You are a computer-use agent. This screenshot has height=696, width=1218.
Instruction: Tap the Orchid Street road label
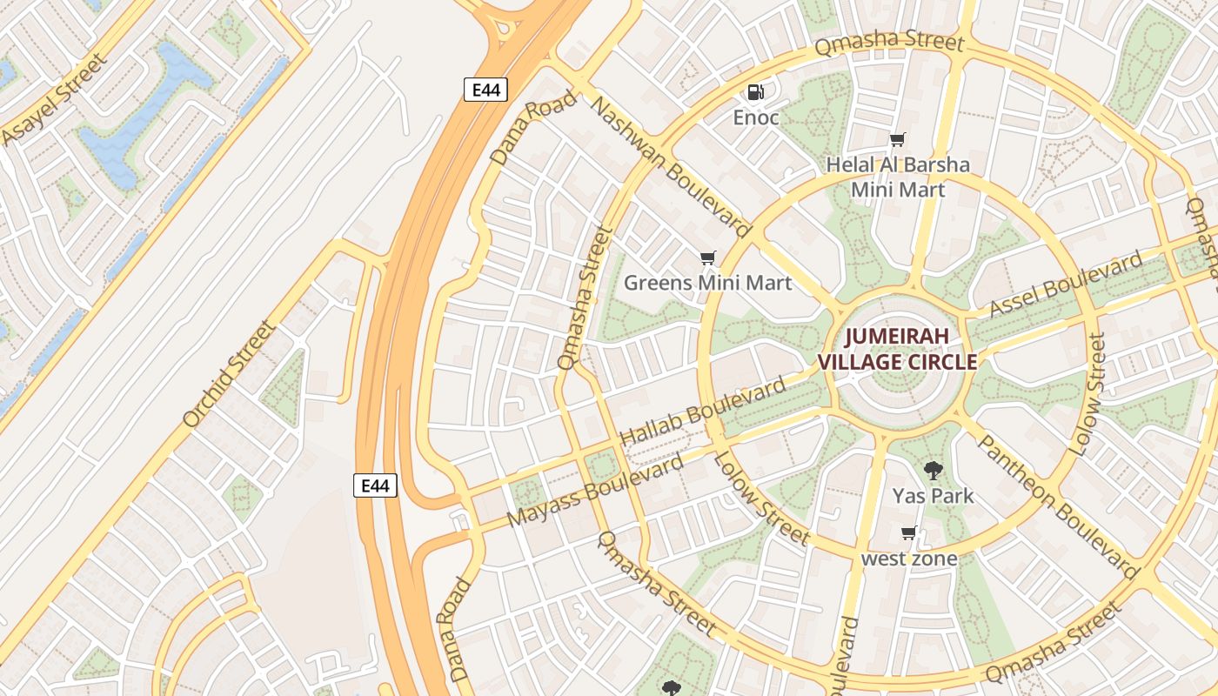click(230, 374)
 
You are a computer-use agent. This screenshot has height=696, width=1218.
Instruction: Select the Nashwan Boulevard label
click(670, 167)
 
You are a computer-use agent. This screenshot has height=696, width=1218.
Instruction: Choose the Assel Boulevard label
click(1067, 284)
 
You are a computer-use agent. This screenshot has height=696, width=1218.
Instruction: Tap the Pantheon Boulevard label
click(1058, 506)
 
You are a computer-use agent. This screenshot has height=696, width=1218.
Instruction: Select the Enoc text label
click(756, 117)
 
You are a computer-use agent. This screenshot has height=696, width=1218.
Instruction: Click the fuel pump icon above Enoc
click(756, 91)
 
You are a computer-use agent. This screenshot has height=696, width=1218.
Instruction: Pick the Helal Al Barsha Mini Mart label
click(898, 177)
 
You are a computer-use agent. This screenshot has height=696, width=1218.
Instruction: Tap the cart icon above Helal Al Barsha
click(898, 139)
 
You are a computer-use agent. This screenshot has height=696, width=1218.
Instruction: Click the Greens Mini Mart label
click(708, 283)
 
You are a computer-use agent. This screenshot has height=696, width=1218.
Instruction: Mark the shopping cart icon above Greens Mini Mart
click(708, 258)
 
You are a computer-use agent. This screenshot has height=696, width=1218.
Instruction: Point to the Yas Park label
click(933, 496)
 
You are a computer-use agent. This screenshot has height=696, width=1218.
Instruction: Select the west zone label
click(909, 559)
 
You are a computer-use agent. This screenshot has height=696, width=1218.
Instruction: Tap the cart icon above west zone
click(909, 532)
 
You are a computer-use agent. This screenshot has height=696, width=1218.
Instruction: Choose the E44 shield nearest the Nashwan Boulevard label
click(485, 90)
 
